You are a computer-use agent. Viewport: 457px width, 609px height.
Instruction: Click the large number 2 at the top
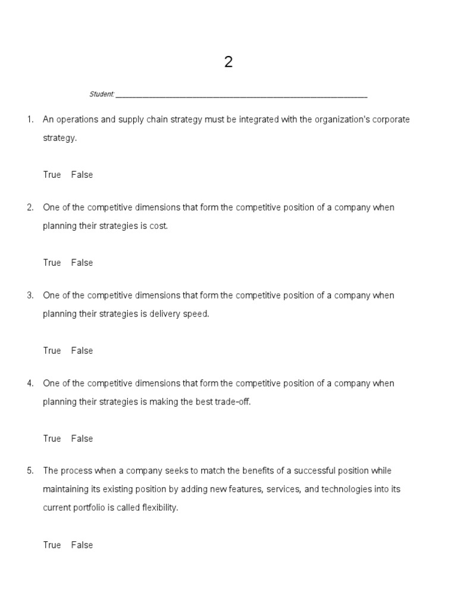[x=228, y=62]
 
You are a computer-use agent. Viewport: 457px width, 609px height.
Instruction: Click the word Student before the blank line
[x=101, y=95]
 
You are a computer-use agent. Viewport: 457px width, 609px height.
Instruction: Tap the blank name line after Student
[x=242, y=95]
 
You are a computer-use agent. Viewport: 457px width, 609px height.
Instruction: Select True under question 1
[x=52, y=175]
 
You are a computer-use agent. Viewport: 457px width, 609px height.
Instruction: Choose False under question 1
[x=82, y=175]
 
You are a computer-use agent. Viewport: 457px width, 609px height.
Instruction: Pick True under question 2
[x=52, y=263]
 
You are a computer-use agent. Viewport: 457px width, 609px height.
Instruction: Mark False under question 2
[x=82, y=263]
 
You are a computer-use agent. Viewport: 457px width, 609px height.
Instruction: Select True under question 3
[x=52, y=351]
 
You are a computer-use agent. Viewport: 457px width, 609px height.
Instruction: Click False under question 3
[x=82, y=351]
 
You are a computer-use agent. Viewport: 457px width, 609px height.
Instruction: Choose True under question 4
[x=52, y=439]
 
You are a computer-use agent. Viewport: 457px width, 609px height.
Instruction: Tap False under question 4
[x=82, y=439]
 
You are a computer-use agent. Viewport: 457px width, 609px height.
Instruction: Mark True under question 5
[x=52, y=545]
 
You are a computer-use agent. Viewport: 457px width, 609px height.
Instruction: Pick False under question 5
[x=82, y=545]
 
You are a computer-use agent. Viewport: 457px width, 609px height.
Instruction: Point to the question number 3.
[x=30, y=296]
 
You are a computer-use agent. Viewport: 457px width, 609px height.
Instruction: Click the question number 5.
[x=30, y=471]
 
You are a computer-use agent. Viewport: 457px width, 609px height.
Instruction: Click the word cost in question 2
[x=159, y=227]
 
